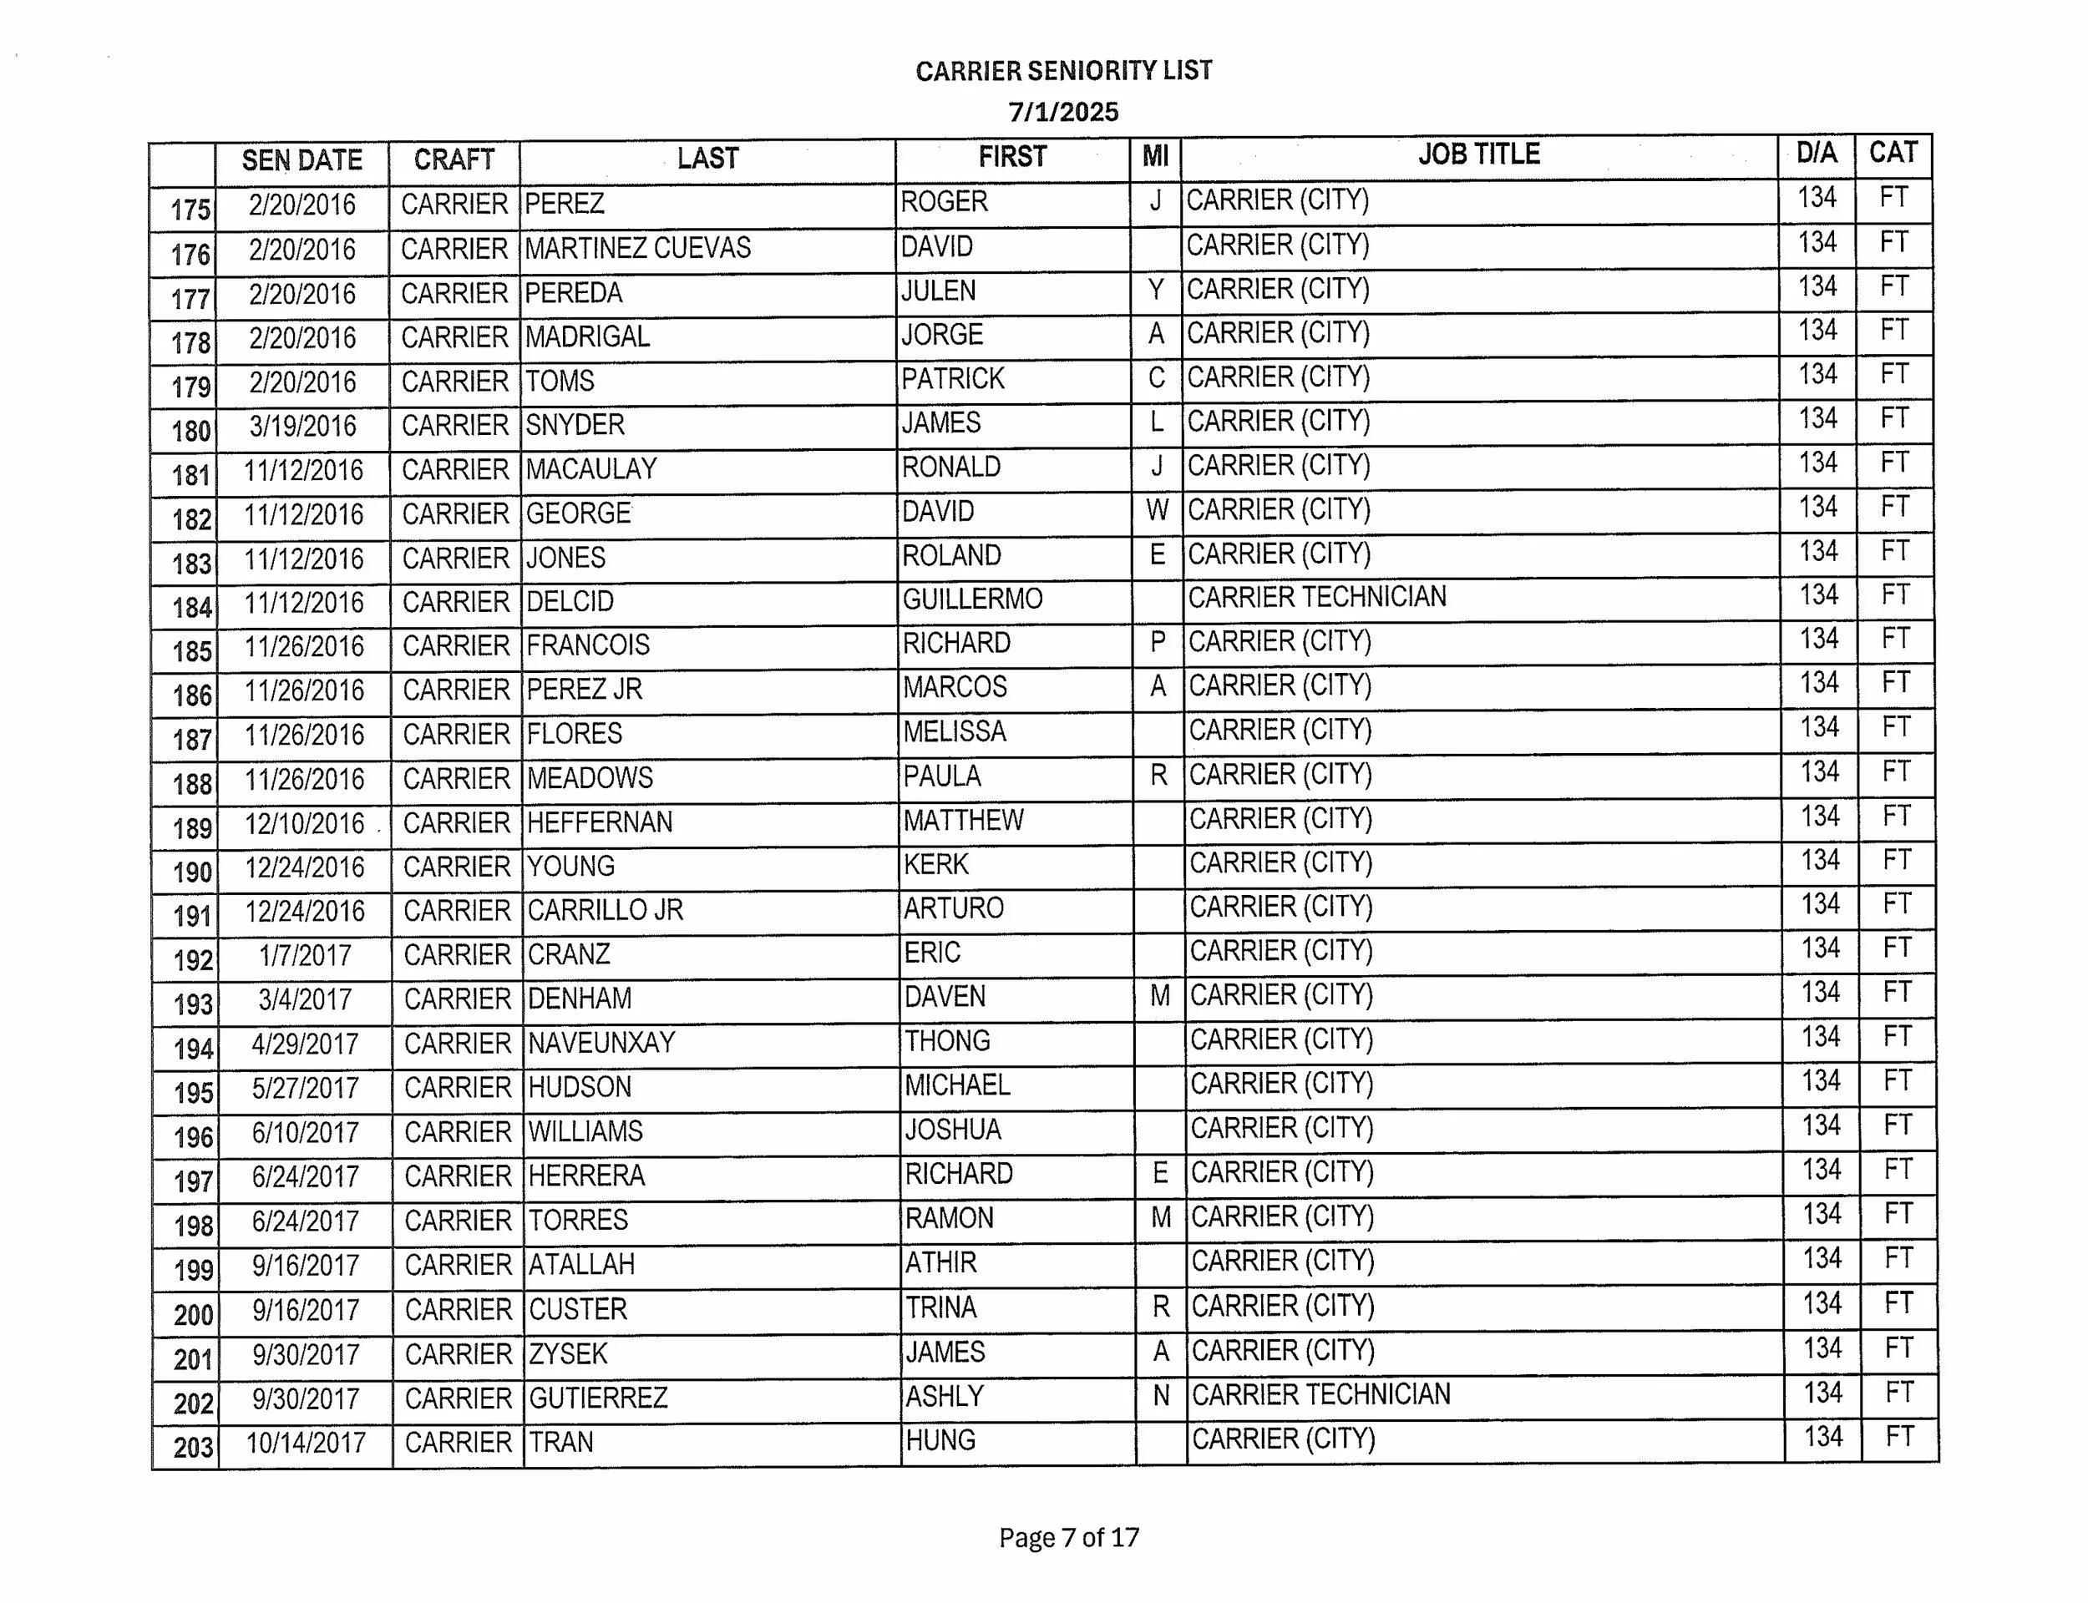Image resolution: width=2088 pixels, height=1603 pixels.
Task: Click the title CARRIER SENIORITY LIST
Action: [x=1063, y=71]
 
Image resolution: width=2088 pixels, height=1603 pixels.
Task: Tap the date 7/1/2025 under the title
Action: [x=1063, y=113]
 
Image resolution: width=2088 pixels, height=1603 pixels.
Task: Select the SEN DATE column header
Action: [x=302, y=160]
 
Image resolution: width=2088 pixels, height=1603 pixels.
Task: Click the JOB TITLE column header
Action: [x=1478, y=154]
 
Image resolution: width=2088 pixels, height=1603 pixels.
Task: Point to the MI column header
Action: [x=1155, y=156]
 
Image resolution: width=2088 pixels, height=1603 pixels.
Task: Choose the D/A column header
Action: [x=1816, y=153]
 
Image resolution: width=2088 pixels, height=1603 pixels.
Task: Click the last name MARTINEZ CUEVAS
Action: [x=637, y=248]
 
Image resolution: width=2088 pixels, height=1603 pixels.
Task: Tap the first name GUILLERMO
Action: [x=972, y=599]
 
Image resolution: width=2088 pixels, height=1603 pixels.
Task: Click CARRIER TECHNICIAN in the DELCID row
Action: [x=1317, y=597]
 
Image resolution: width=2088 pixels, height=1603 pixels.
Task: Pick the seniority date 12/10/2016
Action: [x=304, y=823]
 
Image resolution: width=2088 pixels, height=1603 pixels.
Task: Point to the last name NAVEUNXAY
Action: [x=601, y=1042]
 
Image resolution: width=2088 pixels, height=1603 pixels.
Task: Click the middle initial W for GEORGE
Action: [x=1157, y=510]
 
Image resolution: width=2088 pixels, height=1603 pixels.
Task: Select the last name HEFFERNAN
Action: [x=600, y=822]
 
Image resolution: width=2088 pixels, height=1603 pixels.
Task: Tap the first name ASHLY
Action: [x=944, y=1397]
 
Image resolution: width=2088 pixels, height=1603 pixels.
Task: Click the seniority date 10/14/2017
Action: [x=306, y=1443]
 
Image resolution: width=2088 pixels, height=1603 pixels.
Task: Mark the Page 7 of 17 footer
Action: [x=1069, y=1537]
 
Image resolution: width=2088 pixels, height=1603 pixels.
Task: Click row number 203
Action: [x=194, y=1448]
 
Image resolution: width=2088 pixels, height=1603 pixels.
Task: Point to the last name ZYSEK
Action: [x=568, y=1353]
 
